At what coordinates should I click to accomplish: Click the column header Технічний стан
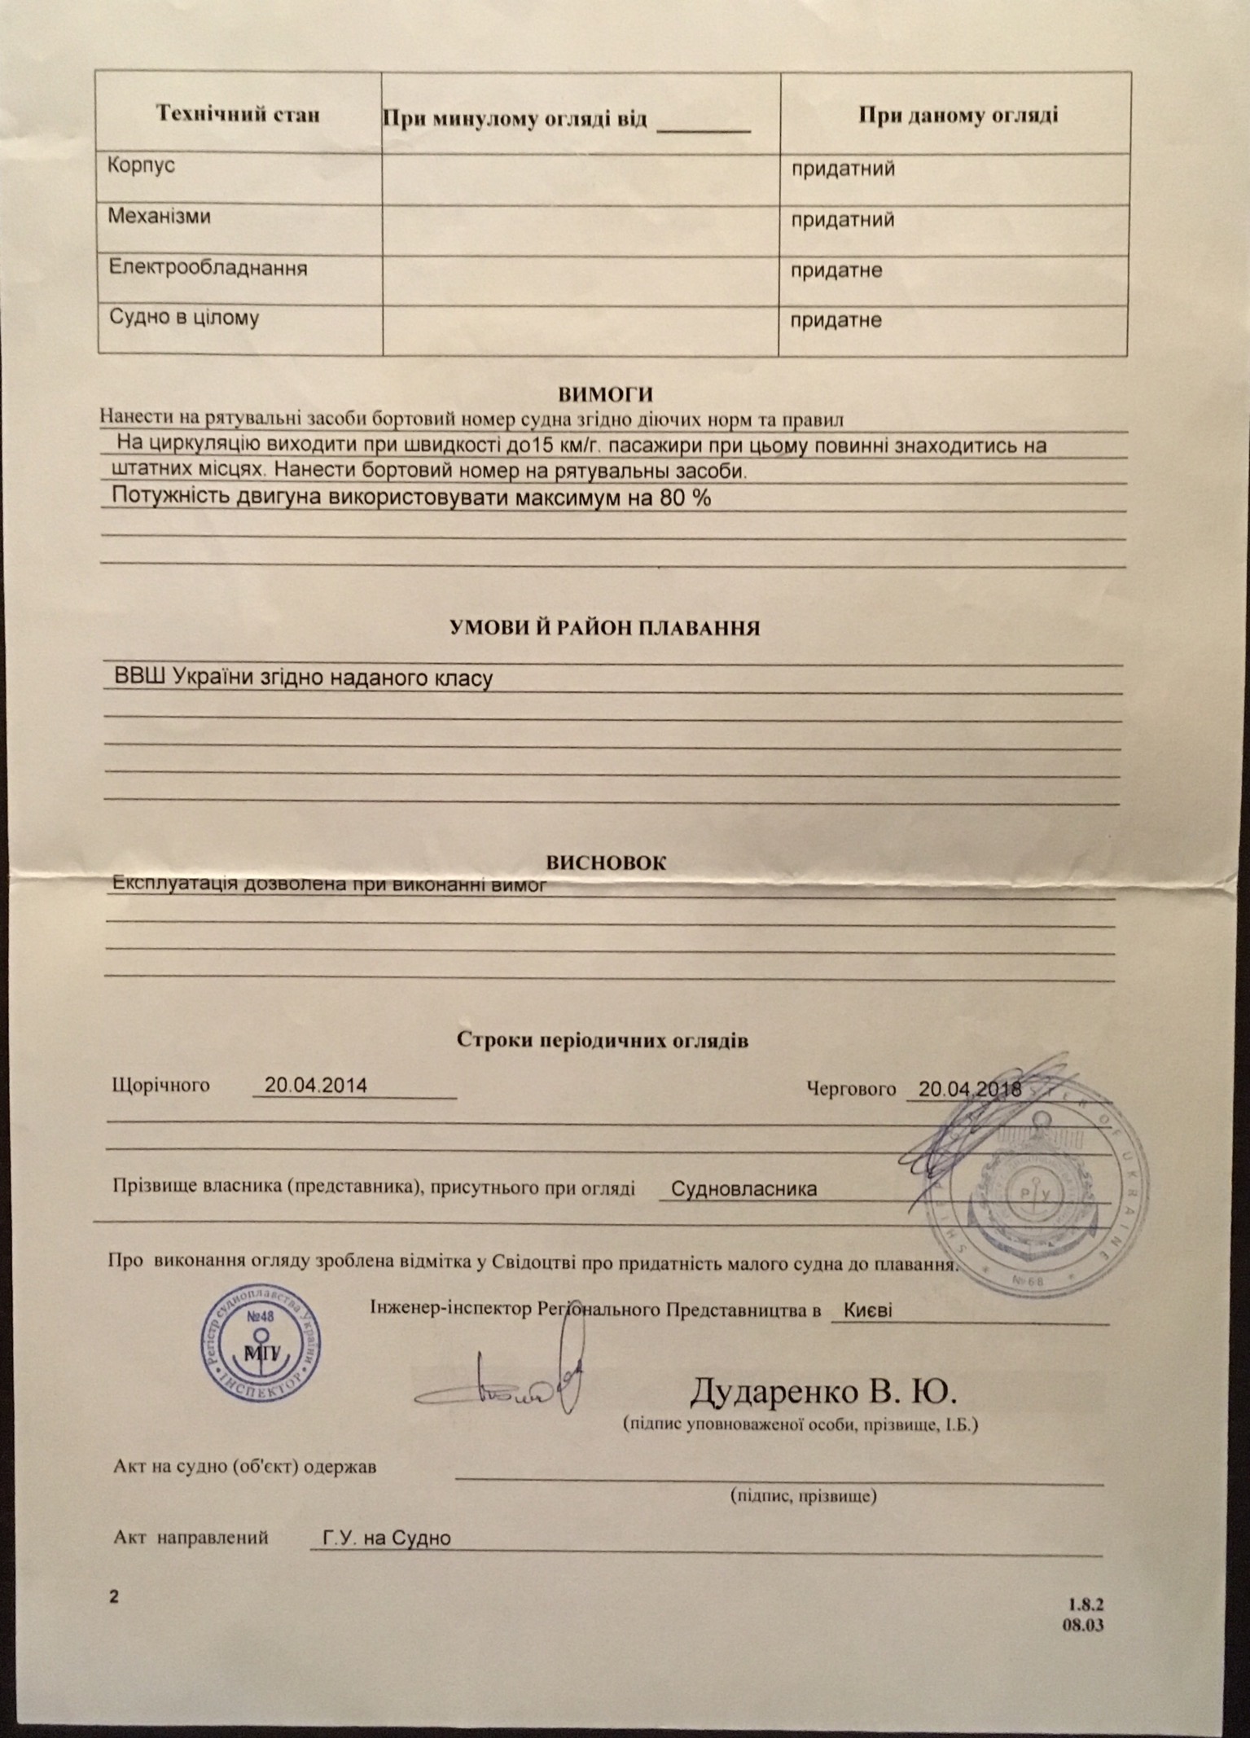pos(238,114)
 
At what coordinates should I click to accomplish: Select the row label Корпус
pos(142,165)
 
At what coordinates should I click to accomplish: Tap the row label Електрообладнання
pos(208,267)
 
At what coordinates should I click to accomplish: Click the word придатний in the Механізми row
pos(843,220)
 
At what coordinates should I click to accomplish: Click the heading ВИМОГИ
pos(606,395)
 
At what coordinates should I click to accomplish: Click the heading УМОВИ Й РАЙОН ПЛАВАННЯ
pos(605,628)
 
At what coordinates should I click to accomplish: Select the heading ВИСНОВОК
pos(605,862)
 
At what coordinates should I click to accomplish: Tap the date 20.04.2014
pos(316,1085)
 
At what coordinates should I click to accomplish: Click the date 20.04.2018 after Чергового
pos(969,1088)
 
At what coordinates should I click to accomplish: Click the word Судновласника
pos(743,1188)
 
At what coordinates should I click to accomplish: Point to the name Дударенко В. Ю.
pos(823,1392)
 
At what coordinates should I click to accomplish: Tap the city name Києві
pos(867,1310)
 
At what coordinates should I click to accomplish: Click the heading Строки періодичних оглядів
pos(603,1040)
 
